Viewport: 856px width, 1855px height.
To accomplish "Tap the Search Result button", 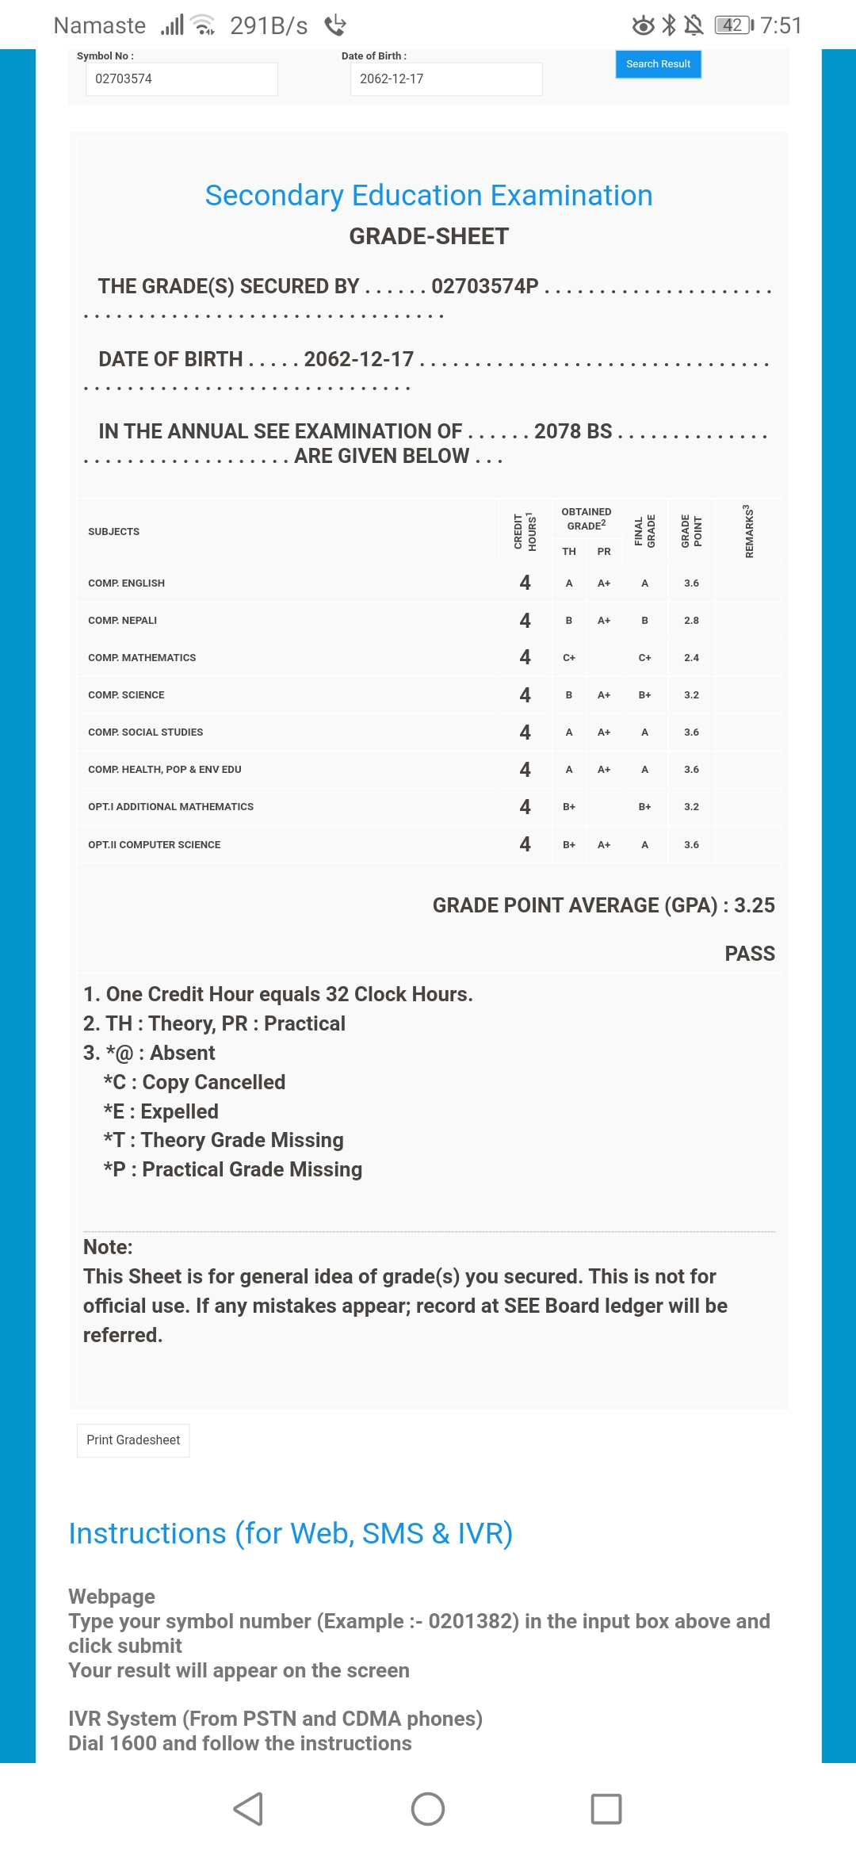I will coord(658,64).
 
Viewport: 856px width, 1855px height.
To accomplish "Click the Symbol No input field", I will coord(182,79).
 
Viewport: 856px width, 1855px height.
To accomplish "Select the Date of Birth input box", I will coord(446,79).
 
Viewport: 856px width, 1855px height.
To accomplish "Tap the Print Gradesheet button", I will coord(133,1440).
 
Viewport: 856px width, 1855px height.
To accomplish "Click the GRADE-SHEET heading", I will coord(429,236).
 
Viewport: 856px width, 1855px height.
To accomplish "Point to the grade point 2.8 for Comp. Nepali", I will coord(691,621).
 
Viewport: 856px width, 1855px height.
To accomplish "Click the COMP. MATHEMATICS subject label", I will coord(142,658).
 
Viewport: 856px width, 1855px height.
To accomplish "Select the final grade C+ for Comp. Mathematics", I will coord(644,658).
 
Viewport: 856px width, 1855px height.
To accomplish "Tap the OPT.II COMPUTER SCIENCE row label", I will coord(155,845).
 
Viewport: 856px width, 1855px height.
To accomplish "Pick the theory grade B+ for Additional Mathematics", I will coord(569,807).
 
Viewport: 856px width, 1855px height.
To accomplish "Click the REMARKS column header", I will coord(748,531).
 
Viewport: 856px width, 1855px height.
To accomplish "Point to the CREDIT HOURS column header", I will coord(525,531).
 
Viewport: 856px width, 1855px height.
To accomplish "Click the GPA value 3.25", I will coord(754,905).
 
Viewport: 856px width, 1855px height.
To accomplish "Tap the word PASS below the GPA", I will coord(750,954).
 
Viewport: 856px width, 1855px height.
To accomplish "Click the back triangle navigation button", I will coord(248,1809).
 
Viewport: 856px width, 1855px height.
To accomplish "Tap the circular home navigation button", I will coord(428,1809).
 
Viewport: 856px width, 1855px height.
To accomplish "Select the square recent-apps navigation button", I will coord(606,1809).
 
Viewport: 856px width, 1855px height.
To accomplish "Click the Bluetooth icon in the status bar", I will coord(669,25).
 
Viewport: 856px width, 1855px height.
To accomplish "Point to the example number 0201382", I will coord(473,1621).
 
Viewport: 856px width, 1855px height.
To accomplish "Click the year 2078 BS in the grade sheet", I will coord(573,431).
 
